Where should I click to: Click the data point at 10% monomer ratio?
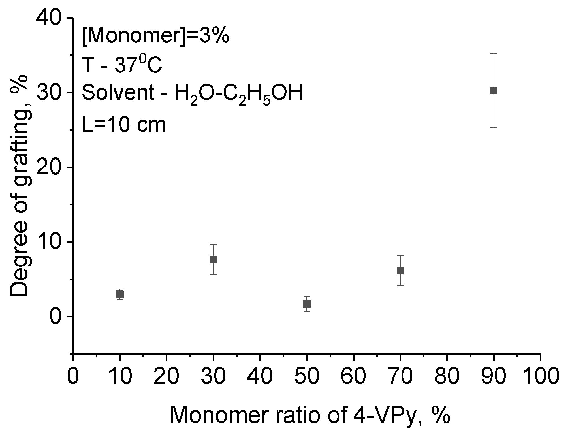(120, 294)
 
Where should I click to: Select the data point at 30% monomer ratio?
(213, 259)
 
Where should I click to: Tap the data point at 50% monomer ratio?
(307, 304)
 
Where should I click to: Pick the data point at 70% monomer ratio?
(400, 271)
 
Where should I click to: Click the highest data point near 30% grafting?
(494, 91)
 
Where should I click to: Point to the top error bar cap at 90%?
(494, 53)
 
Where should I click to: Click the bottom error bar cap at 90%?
(494, 128)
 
